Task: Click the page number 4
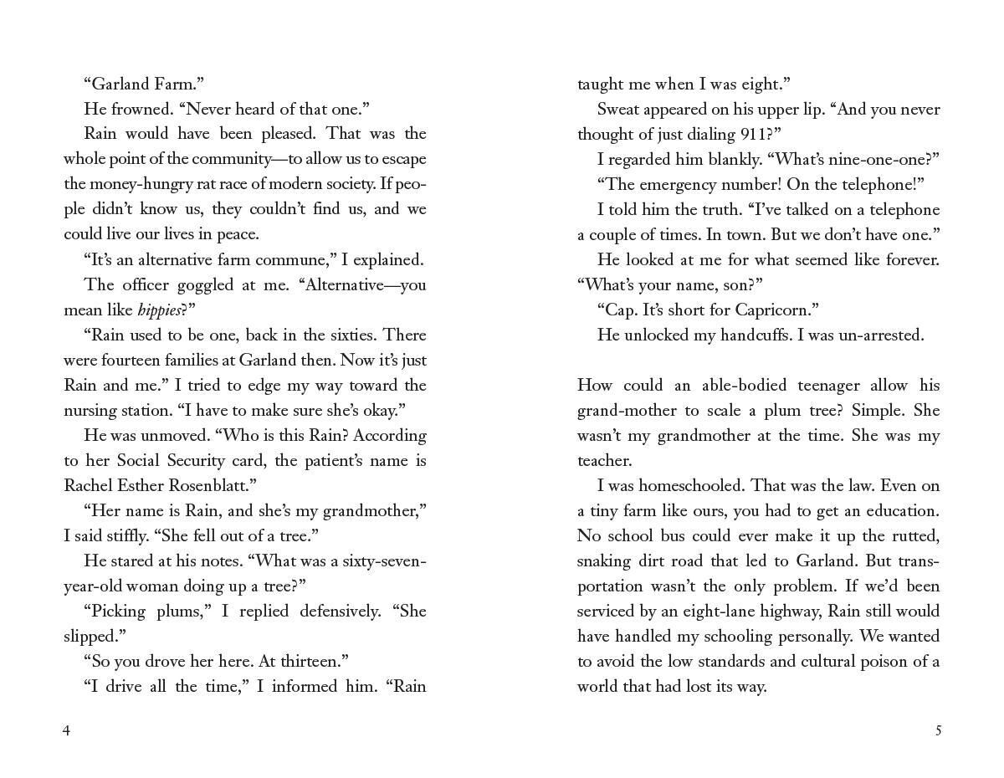(x=67, y=730)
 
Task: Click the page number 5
(x=938, y=730)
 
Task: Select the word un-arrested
(x=881, y=335)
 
